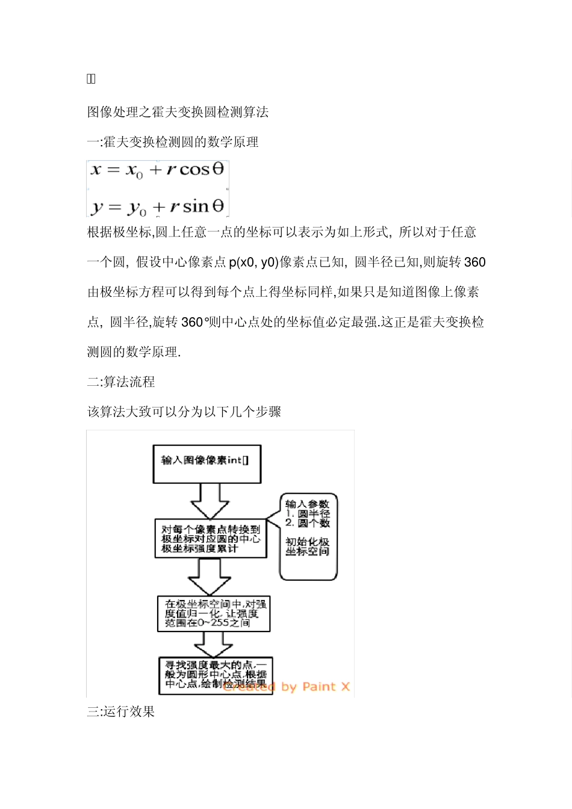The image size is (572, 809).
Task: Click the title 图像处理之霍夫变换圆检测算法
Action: click(x=178, y=112)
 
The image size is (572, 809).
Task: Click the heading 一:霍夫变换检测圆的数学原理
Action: click(x=173, y=142)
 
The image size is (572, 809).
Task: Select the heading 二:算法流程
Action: click(x=121, y=382)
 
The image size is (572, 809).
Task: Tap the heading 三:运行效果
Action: click(x=121, y=711)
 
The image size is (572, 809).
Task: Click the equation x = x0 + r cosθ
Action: click(x=158, y=170)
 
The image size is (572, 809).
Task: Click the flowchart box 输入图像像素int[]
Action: click(x=207, y=464)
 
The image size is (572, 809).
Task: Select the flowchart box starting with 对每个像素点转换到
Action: click(x=211, y=539)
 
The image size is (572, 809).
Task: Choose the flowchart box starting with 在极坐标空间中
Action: click(x=214, y=613)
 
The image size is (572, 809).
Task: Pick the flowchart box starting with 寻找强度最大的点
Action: click(x=216, y=675)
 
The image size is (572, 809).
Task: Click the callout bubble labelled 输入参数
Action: click(x=308, y=537)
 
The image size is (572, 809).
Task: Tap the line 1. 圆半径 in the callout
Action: click(x=308, y=513)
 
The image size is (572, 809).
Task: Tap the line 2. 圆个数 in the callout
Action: click(x=308, y=522)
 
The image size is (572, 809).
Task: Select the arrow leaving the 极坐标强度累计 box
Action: click(x=209, y=577)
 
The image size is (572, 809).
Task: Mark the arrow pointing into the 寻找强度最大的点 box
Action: click(x=214, y=645)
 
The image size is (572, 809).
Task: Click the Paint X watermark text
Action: click(x=287, y=687)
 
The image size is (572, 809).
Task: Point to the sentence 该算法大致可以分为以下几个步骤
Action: click(x=184, y=412)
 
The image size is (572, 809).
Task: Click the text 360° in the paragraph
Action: click(x=194, y=322)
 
